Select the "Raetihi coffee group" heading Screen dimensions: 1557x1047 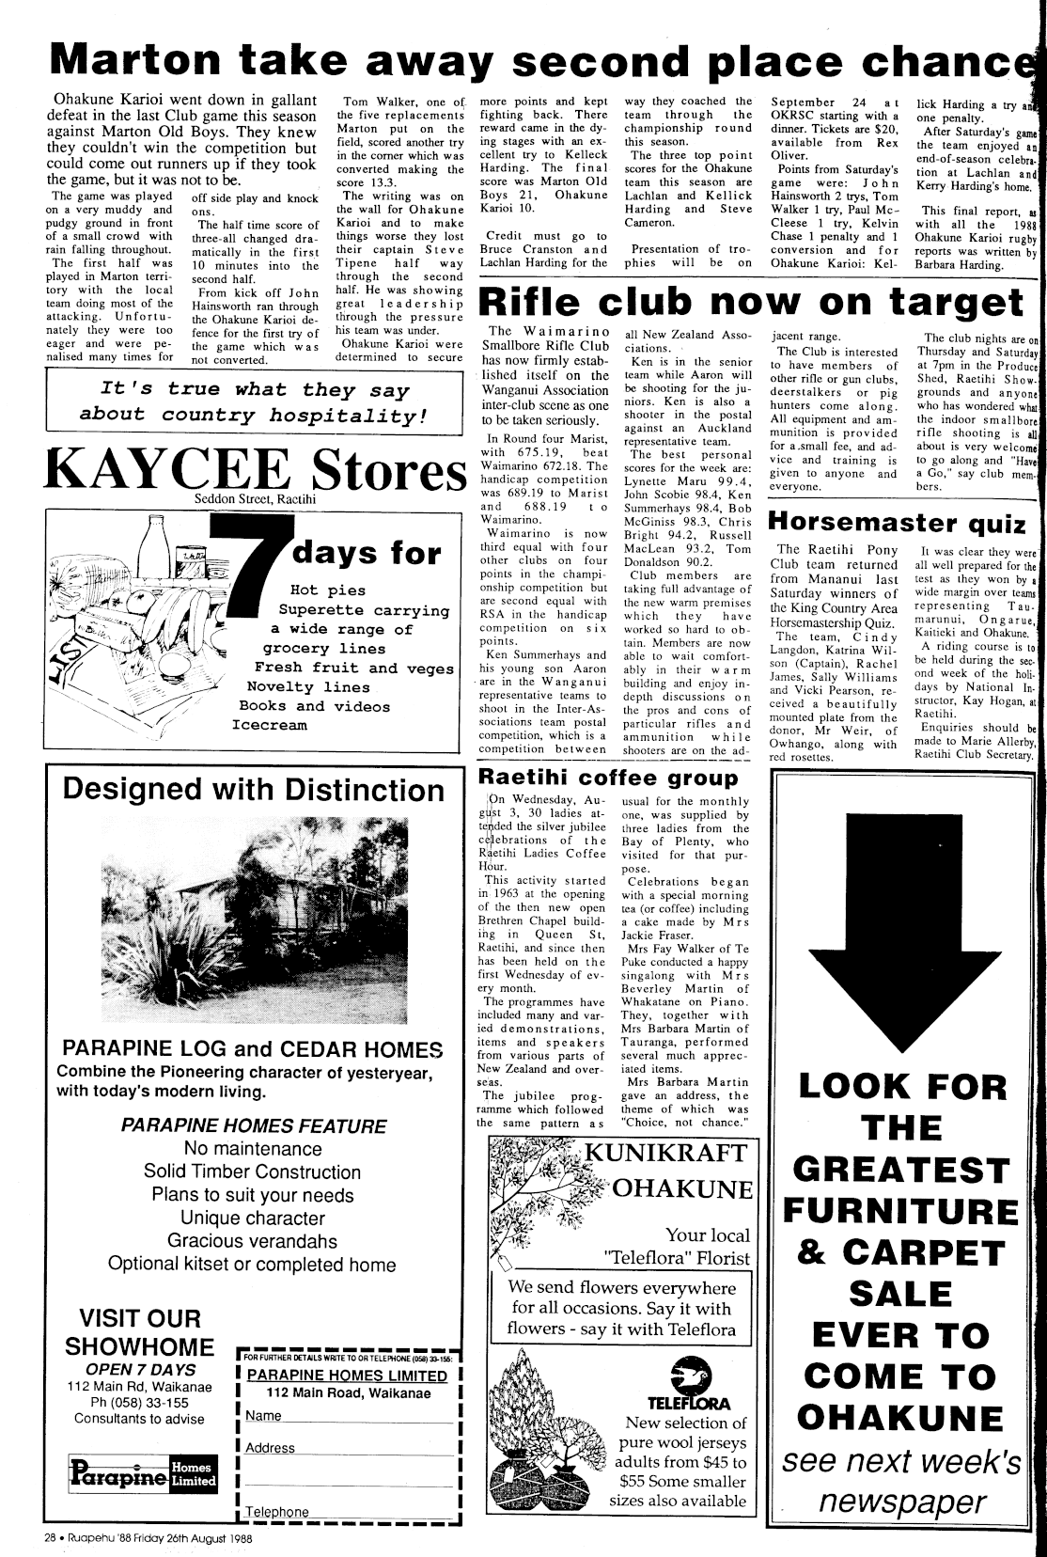[608, 778]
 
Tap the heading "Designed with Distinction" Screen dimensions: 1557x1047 [254, 788]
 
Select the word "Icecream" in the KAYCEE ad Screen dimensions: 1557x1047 [269, 725]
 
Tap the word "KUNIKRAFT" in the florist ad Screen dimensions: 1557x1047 [665, 1154]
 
